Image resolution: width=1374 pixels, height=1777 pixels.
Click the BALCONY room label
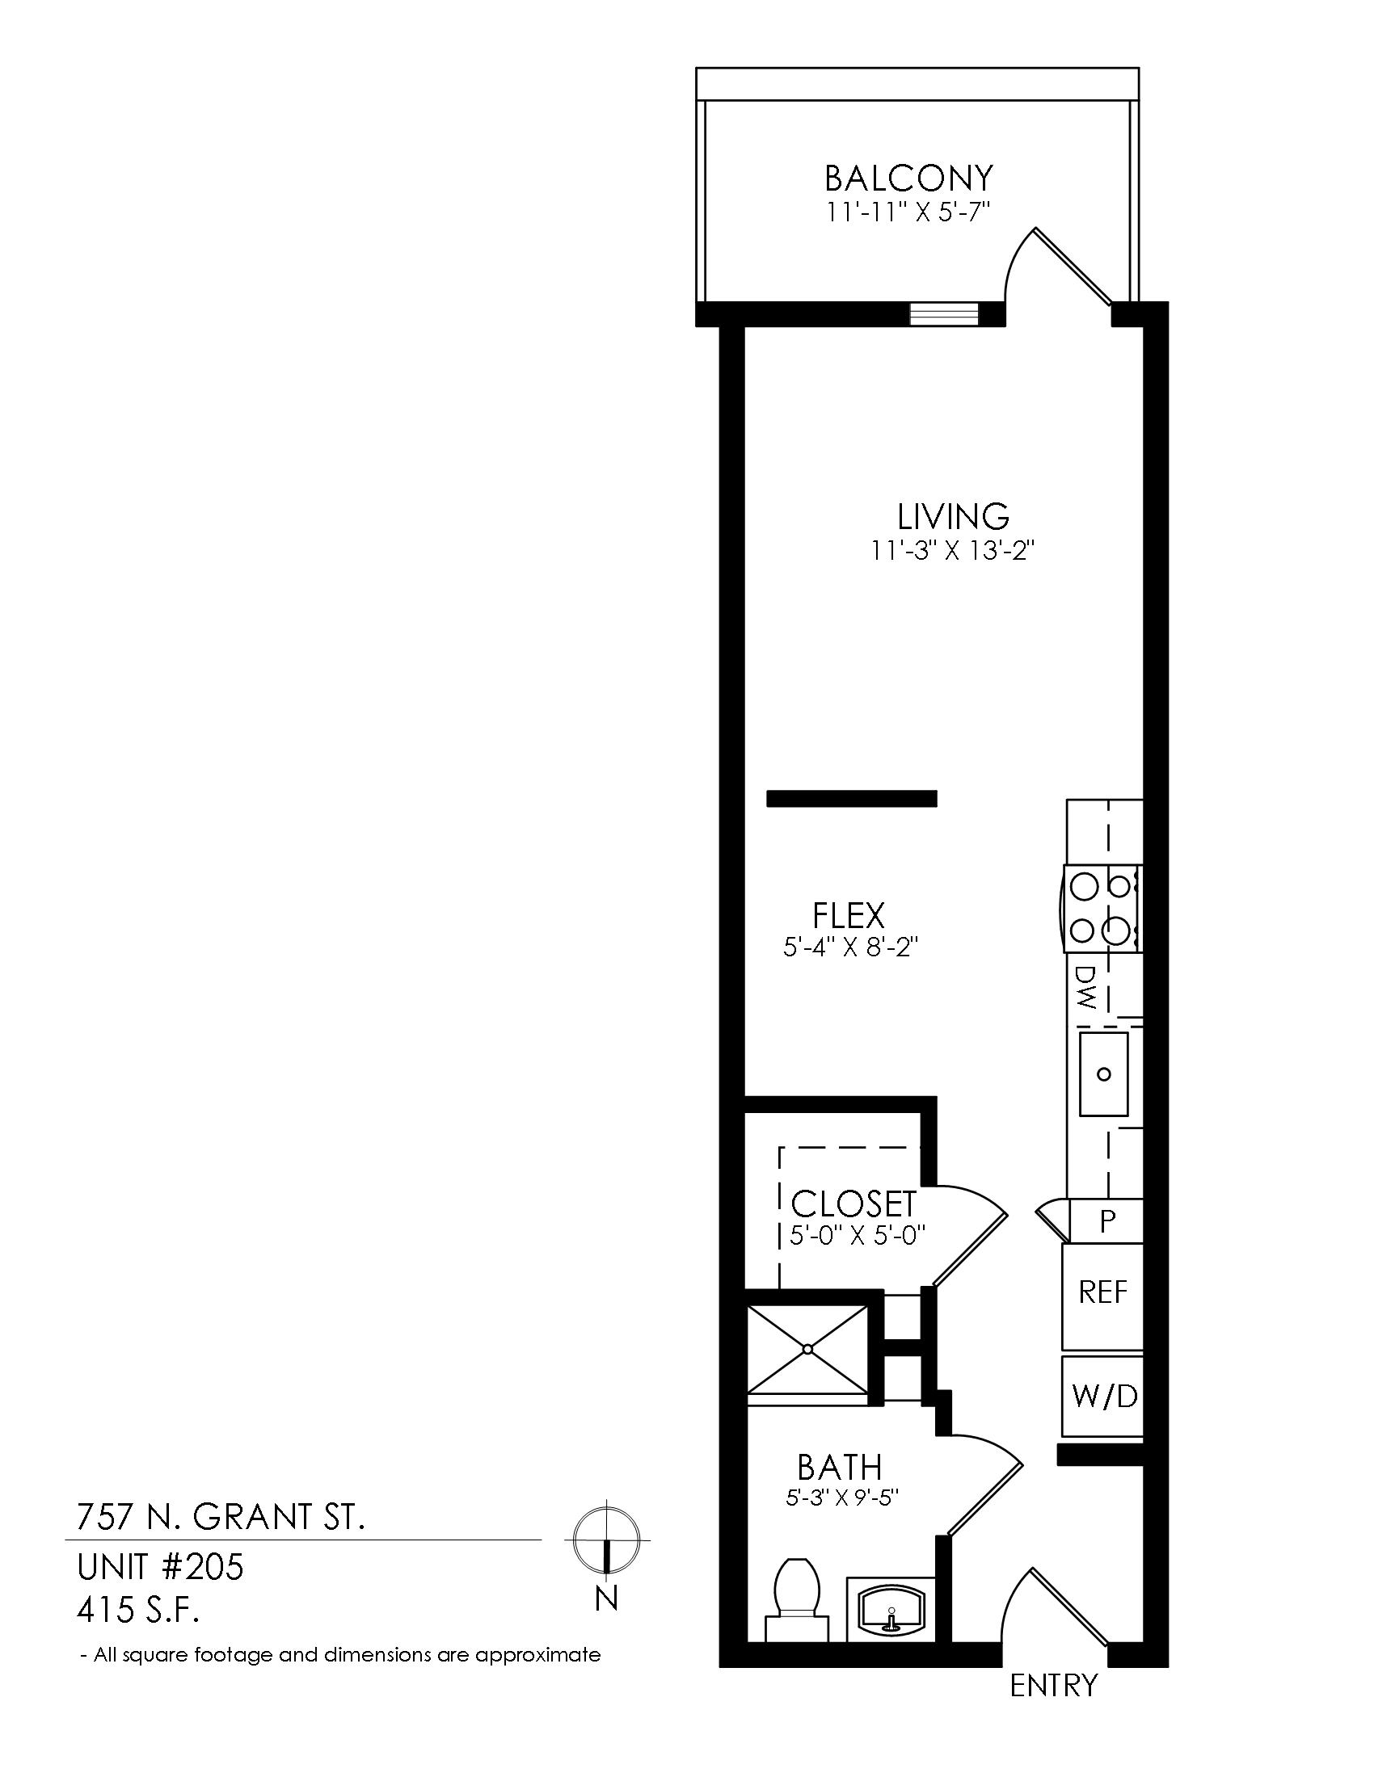tap(908, 177)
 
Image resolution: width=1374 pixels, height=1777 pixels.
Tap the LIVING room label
tap(953, 516)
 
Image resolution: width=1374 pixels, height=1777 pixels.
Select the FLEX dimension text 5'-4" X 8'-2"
tap(850, 948)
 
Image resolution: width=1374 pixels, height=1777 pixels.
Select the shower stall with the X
tap(807, 1348)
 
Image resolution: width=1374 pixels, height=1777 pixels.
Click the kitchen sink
tap(1104, 1074)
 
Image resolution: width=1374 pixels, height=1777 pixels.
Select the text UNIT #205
tap(159, 1567)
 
